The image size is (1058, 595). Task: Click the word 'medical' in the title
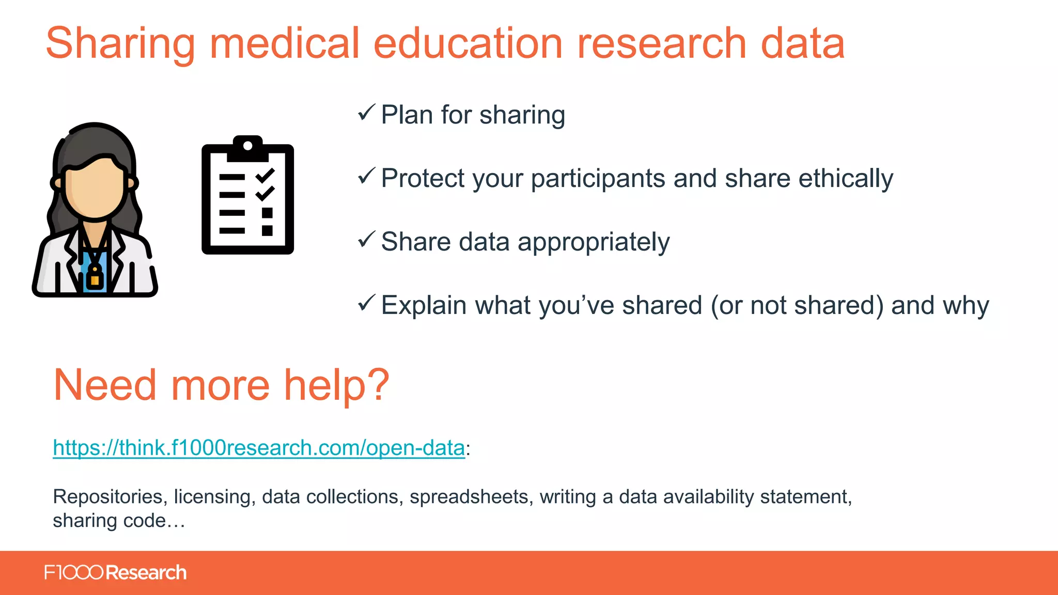[284, 43]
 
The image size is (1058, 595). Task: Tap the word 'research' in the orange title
[662, 43]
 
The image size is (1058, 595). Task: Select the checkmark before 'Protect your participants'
[366, 176]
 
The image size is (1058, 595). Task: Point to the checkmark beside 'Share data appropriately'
[366, 239]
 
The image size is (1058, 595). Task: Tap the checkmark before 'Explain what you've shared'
[366, 303]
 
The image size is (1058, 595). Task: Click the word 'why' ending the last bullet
[966, 306]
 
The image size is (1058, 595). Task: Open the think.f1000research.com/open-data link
[259, 448]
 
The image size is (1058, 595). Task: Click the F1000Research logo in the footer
[115, 573]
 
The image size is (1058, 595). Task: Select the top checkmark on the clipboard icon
[265, 176]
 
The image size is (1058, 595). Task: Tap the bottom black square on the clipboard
[267, 230]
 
